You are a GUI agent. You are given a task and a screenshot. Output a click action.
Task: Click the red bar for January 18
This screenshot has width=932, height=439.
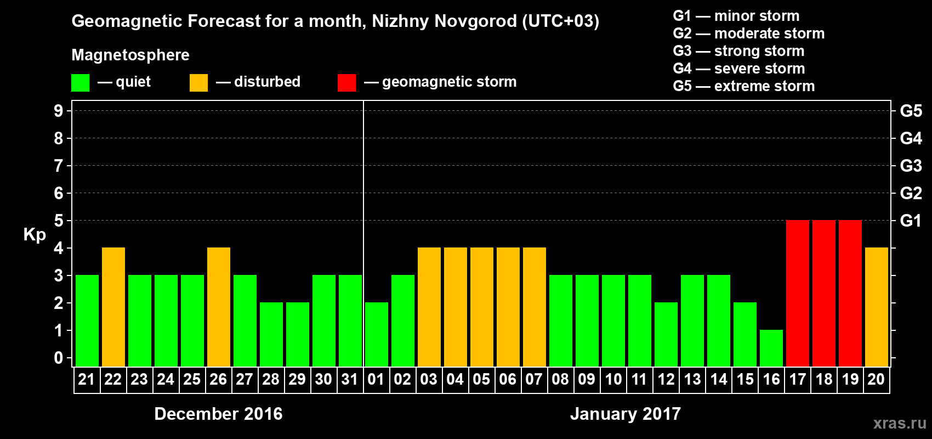[824, 294]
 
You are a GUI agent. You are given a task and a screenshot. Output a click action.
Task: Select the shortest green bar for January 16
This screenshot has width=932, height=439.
[771, 348]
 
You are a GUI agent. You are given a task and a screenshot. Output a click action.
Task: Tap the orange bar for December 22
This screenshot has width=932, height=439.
[113, 307]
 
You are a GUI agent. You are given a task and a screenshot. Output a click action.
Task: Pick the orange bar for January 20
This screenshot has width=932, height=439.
[877, 307]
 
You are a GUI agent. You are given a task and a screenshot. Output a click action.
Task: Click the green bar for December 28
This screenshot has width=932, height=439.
[271, 335]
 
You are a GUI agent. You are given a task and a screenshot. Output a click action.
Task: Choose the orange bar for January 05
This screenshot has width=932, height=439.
[482, 307]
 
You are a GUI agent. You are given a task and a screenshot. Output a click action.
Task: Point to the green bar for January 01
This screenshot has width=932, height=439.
[377, 335]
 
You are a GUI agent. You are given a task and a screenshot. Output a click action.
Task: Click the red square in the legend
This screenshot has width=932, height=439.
[346, 83]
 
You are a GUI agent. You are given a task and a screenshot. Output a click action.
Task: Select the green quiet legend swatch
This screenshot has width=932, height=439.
[80, 83]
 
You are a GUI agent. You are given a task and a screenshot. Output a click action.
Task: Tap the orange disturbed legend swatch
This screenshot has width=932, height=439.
[198, 83]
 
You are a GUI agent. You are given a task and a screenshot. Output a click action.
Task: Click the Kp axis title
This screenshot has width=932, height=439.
[35, 235]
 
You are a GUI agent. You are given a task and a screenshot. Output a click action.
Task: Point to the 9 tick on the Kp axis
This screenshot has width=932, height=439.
[59, 111]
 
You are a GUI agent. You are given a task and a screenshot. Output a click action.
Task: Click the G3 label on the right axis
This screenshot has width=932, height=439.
[911, 166]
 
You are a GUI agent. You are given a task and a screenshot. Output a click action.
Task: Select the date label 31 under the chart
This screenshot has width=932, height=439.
[350, 379]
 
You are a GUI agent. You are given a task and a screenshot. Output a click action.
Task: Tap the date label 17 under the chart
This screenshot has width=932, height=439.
[798, 379]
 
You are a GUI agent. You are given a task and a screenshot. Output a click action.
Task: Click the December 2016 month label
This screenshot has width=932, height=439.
[218, 414]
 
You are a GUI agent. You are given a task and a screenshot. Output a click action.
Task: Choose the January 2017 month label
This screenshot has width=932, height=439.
[626, 414]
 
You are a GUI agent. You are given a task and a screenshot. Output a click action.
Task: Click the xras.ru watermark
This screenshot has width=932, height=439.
[900, 423]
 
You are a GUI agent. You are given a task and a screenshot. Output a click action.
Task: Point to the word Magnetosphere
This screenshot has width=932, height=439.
[130, 55]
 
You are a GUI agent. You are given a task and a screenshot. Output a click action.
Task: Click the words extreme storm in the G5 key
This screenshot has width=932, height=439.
[764, 86]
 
